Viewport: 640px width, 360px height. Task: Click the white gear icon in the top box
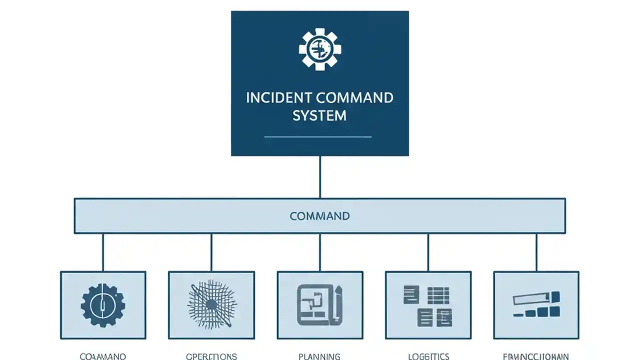click(320, 48)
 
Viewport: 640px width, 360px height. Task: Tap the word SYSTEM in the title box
click(319, 115)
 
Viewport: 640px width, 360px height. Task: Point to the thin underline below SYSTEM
click(317, 136)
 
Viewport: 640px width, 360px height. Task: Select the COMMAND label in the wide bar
click(319, 216)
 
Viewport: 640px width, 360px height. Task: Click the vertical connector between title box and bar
click(320, 177)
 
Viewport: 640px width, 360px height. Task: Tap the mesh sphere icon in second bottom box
click(211, 304)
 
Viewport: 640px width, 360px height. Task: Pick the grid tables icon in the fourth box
click(427, 303)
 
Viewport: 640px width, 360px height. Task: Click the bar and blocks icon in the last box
click(536, 305)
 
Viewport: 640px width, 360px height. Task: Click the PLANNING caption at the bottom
click(319, 356)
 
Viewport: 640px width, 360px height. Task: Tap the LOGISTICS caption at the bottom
click(428, 356)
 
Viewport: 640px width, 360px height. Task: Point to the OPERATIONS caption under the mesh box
click(211, 356)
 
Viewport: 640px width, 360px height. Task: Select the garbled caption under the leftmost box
click(103, 356)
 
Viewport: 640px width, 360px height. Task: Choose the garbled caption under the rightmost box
click(536, 356)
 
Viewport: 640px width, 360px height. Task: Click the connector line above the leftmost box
click(103, 252)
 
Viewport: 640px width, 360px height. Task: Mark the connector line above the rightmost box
click(536, 252)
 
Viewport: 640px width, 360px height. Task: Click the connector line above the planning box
click(320, 252)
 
